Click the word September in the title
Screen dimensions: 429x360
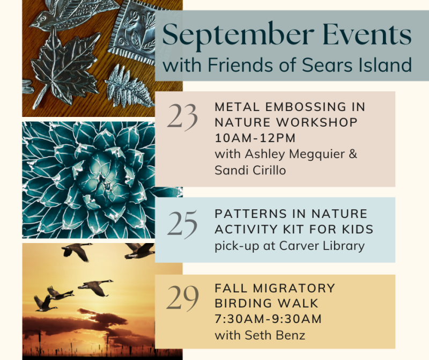click(x=238, y=35)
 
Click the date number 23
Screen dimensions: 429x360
click(x=182, y=116)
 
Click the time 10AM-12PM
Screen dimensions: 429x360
click(x=255, y=138)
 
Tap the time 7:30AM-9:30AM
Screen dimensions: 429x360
click(x=268, y=319)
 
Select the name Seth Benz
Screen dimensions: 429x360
click(x=275, y=335)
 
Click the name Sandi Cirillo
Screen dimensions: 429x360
click(x=250, y=170)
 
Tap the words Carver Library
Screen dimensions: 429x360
click(x=322, y=246)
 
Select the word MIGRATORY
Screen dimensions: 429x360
click(x=294, y=288)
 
